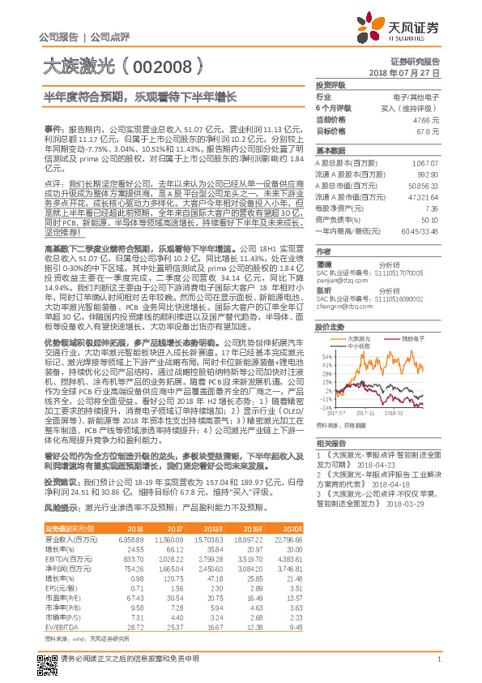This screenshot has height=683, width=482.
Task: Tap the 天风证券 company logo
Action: pos(399,29)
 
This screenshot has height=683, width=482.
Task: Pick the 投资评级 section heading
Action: pos(331,84)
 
